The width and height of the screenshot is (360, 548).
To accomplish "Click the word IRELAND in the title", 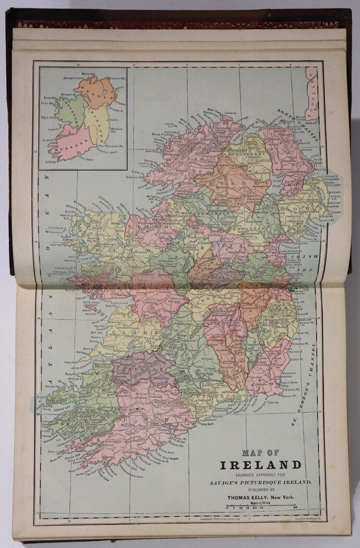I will [x=260, y=464].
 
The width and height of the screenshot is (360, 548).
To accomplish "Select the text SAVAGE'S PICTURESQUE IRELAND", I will [x=260, y=482].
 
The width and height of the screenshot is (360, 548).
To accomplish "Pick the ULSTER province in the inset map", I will [x=96, y=93].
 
